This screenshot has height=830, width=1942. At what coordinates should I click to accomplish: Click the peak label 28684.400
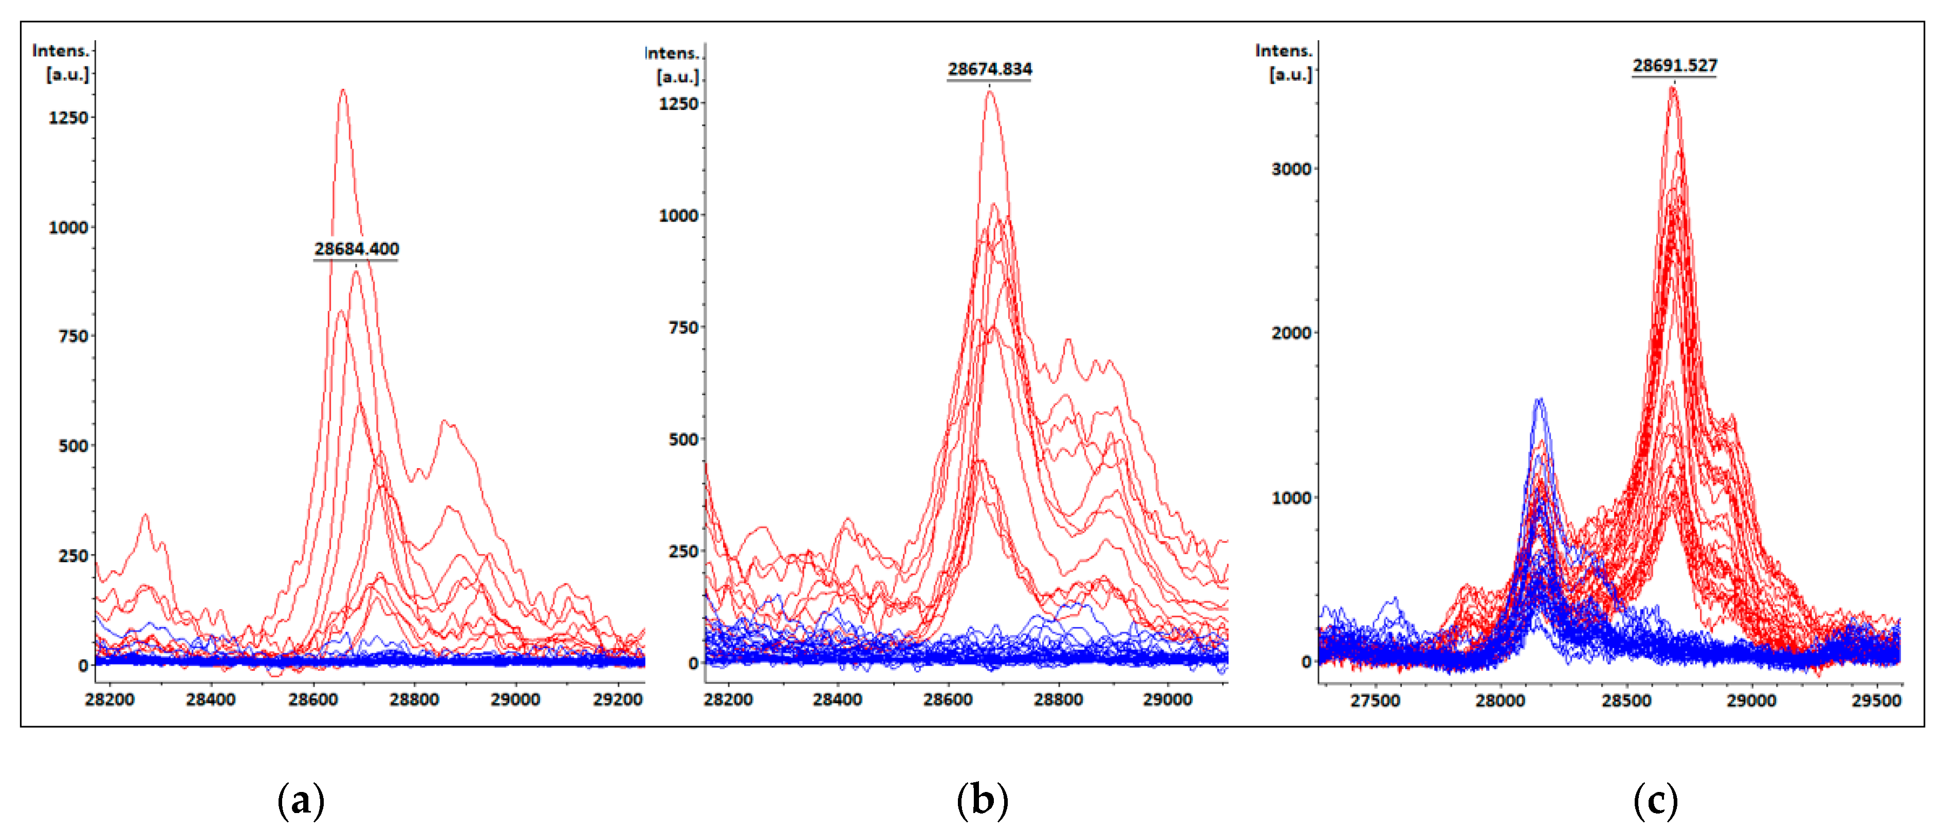(x=357, y=249)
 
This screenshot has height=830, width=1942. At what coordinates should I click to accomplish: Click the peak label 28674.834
(x=989, y=69)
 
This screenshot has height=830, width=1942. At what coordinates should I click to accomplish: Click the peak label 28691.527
(x=1674, y=66)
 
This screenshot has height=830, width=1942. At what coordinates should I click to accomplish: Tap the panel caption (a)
(x=301, y=801)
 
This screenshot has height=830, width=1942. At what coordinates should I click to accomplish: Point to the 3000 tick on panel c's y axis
(x=1291, y=169)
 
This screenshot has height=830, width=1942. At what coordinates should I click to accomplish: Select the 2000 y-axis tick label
(x=1291, y=333)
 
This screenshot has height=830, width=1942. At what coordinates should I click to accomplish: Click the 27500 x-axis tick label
(x=1375, y=701)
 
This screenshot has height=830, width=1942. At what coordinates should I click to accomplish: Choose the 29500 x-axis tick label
(x=1876, y=701)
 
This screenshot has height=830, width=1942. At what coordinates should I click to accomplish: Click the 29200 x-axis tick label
(x=617, y=699)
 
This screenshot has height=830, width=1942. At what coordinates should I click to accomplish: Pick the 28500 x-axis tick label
(x=1626, y=701)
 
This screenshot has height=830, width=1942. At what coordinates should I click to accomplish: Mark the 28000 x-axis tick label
(x=1500, y=701)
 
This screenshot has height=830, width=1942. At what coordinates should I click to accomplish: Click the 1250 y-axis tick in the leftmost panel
(x=68, y=118)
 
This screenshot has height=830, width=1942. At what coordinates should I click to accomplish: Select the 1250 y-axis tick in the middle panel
(x=678, y=104)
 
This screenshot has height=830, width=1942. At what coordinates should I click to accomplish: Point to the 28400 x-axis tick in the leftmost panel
(x=211, y=699)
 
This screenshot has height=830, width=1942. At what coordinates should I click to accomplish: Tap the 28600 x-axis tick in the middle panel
(x=948, y=699)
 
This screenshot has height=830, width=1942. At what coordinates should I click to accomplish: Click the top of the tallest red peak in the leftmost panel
(x=343, y=90)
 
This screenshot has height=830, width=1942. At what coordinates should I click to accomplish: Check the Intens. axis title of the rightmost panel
(x=1283, y=50)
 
